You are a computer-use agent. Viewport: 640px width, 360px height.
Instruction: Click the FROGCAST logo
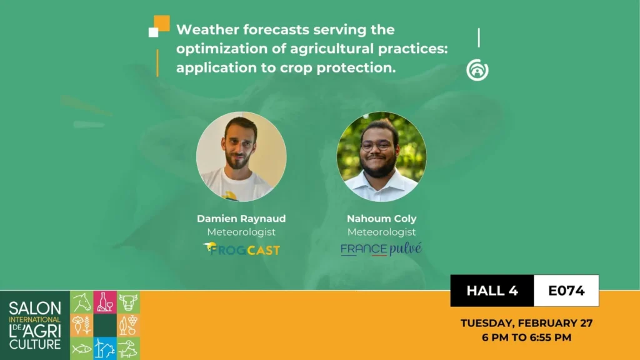(x=241, y=249)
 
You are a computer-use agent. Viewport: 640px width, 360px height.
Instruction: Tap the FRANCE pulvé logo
(x=381, y=249)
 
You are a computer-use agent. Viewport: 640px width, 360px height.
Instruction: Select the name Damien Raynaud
(x=241, y=219)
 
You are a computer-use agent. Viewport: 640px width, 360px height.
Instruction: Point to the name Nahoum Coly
(x=381, y=219)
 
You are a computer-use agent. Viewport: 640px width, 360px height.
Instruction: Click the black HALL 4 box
(x=492, y=291)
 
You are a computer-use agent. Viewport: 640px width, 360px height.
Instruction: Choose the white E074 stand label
(x=566, y=291)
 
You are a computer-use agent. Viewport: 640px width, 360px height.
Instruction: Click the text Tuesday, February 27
(x=526, y=323)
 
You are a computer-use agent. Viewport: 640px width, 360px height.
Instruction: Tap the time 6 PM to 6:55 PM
(x=526, y=337)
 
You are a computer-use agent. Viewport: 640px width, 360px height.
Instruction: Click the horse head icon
(x=81, y=302)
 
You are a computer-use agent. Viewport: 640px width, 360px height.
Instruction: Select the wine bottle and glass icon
(x=105, y=302)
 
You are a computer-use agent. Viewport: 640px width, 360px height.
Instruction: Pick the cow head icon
(x=128, y=302)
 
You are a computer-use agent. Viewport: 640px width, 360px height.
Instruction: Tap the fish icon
(x=81, y=348)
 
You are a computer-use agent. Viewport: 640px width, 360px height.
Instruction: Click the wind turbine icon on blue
(x=105, y=348)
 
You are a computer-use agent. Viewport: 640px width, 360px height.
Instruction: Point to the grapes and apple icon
(x=128, y=325)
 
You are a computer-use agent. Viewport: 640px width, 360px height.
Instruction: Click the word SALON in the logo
(x=35, y=308)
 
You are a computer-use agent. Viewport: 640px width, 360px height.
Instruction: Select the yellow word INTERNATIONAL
(x=35, y=319)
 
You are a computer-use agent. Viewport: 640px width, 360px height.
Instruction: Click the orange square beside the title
(x=162, y=23)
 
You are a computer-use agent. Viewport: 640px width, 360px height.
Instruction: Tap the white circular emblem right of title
(x=477, y=70)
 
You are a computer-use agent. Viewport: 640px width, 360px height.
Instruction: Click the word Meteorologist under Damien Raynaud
(x=241, y=232)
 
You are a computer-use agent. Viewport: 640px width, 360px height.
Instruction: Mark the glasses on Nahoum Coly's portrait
(x=376, y=145)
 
